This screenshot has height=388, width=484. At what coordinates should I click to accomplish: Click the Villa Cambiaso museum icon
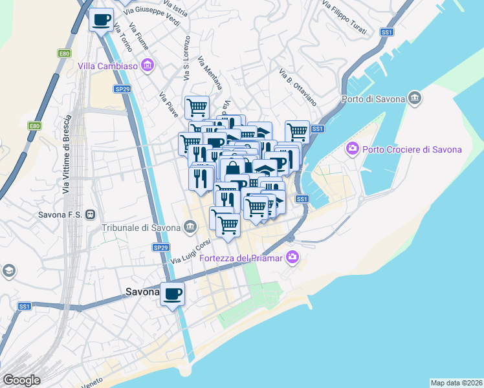(148, 65)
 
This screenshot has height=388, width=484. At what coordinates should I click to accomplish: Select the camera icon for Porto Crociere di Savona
(353, 149)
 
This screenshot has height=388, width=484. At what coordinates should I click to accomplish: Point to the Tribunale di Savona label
(140, 228)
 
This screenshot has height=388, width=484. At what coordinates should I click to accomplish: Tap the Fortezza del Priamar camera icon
(292, 258)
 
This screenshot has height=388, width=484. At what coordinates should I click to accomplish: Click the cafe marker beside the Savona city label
(172, 294)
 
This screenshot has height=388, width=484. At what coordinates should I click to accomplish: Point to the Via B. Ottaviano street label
(298, 87)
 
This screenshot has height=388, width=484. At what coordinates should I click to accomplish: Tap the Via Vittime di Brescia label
(66, 155)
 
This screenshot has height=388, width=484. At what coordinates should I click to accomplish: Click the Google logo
(22, 380)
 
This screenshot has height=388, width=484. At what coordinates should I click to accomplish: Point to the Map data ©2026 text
(456, 382)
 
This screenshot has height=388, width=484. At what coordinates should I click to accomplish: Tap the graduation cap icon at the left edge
(9, 270)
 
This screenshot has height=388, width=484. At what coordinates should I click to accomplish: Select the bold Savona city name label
(142, 292)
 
